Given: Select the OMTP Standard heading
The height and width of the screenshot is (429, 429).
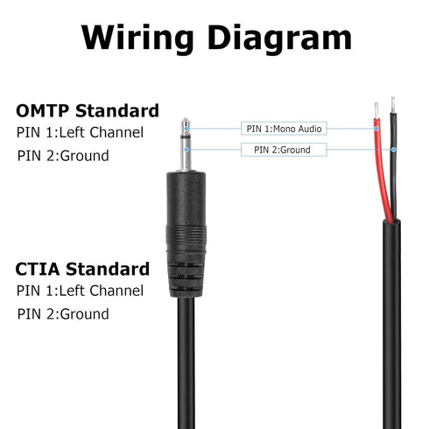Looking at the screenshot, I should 88,111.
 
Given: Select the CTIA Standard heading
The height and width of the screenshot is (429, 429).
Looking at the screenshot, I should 82,269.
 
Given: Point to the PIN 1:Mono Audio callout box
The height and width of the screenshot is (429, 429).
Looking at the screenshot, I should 285,129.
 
